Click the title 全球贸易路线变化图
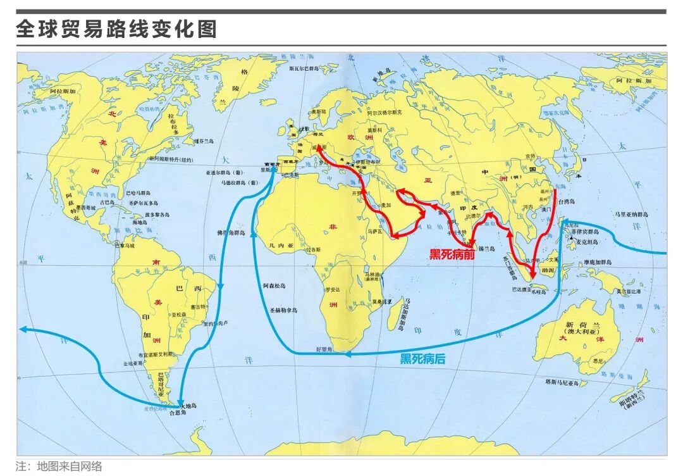116,29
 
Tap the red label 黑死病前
452,254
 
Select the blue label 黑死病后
422,359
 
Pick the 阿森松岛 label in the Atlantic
274,286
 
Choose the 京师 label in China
529,155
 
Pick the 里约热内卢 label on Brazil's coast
215,323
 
